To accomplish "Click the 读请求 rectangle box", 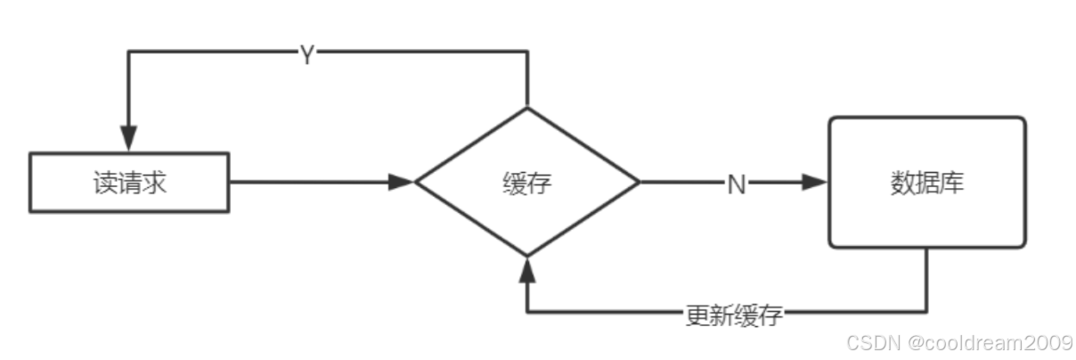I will pos(129,183).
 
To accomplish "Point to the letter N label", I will pos(736,184).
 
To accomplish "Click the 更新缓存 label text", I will pos(733,315).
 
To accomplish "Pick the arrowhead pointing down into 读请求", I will pos(129,138).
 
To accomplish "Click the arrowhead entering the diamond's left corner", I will pos(403,183).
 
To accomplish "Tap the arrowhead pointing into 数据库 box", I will pos(815,183).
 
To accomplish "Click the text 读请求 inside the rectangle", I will pos(129,184).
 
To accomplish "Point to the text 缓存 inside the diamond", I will pos(526,184).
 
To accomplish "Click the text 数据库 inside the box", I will pos(926,182).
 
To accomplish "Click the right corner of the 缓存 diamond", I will pos(638,183).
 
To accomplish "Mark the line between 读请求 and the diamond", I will pos(312,183).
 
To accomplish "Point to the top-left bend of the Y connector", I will pos(129,52).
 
